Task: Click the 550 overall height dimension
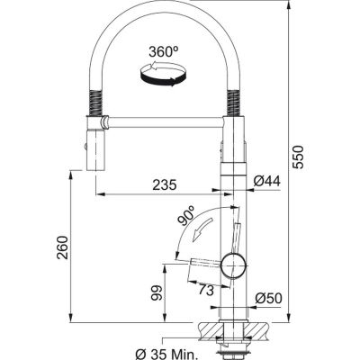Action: pyautogui.click(x=298, y=157)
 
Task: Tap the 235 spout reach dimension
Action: pyautogui.click(x=165, y=185)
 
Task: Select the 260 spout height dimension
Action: pyautogui.click(x=63, y=247)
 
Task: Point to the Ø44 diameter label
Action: pyautogui.click(x=266, y=181)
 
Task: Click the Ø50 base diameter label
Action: pyautogui.click(x=268, y=298)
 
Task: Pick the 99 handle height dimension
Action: pyautogui.click(x=157, y=292)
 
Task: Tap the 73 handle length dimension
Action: pyautogui.click(x=206, y=290)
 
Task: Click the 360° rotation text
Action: pyautogui.click(x=164, y=52)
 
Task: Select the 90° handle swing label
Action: pyautogui.click(x=186, y=216)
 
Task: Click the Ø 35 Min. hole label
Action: pyautogui.click(x=166, y=355)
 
